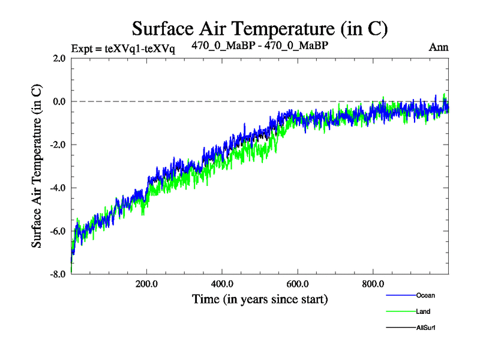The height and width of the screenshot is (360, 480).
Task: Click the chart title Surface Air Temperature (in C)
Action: point(260,28)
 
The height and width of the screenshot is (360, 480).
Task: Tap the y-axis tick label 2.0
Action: point(59,58)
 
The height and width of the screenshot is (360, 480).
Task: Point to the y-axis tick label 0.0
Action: point(59,101)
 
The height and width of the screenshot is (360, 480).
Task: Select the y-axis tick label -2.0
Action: point(58,145)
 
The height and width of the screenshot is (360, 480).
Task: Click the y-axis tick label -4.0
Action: point(58,188)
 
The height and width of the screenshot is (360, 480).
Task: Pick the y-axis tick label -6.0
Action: point(58,231)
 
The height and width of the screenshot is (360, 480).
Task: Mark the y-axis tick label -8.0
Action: point(58,274)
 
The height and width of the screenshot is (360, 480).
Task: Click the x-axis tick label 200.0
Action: point(146,284)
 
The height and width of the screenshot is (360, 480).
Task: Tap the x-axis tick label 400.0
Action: point(222,284)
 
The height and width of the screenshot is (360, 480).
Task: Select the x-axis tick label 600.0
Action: point(298,284)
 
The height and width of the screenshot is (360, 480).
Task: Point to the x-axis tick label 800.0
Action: point(373,284)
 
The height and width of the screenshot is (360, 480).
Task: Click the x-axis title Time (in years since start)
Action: point(260,298)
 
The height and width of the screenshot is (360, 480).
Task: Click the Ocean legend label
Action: point(425,295)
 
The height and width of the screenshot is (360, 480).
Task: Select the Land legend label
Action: point(423,311)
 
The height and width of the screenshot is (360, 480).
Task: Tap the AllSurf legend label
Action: point(426,328)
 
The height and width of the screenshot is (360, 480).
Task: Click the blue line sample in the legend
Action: point(400,295)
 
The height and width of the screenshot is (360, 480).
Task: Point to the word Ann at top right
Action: point(439,47)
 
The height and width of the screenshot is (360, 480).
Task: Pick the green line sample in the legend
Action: point(400,311)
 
